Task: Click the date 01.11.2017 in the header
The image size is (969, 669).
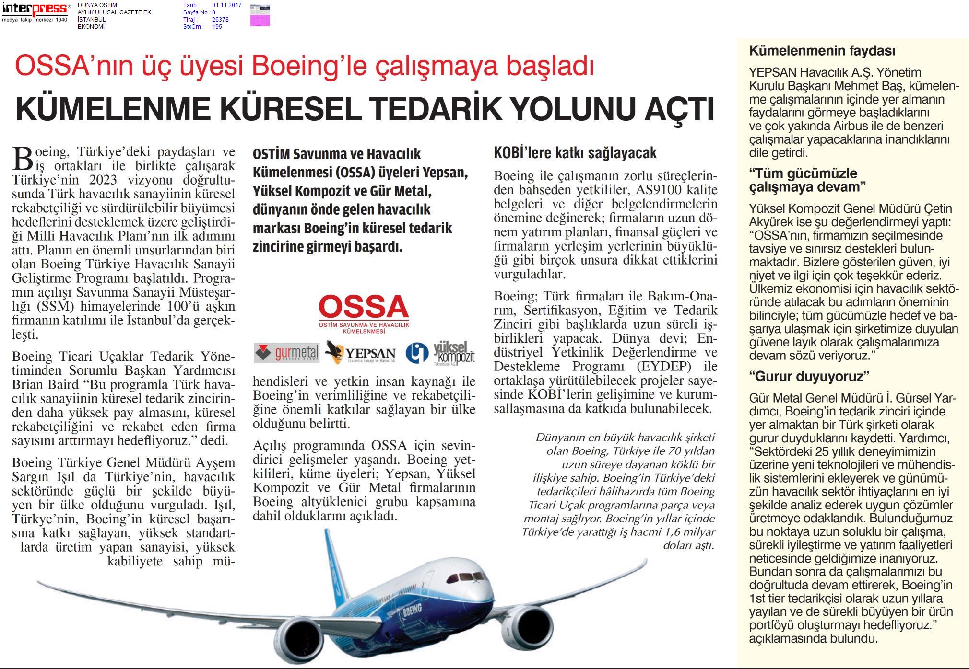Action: point(226,6)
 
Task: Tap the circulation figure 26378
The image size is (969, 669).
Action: point(220,20)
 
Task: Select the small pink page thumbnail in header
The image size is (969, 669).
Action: point(260,15)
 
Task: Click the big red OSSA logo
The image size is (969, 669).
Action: point(364,307)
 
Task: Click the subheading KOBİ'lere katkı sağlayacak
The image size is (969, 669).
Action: point(575,153)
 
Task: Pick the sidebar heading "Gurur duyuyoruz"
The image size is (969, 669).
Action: point(809,376)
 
